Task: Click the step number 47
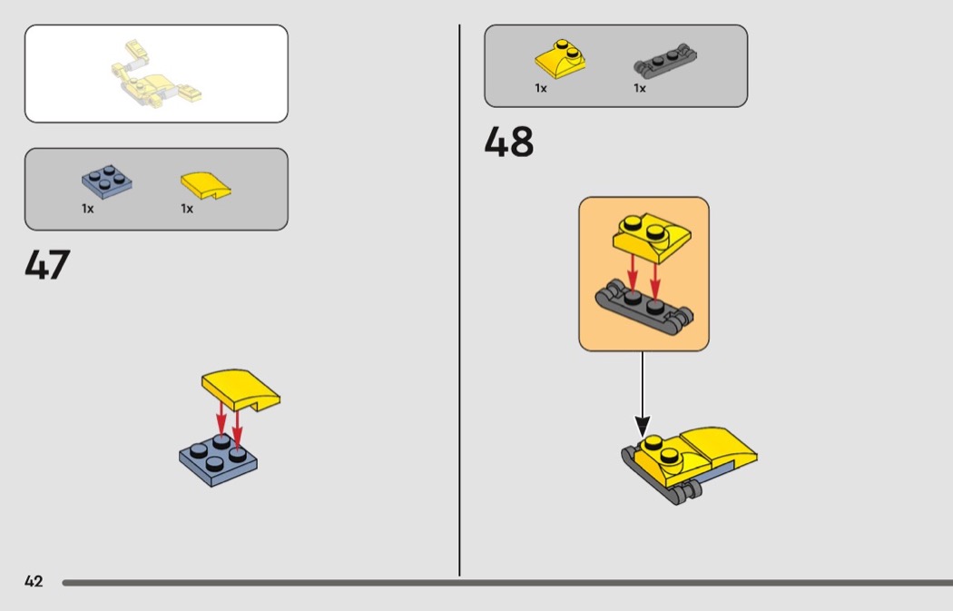(47, 264)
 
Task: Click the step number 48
(508, 142)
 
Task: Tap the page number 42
(34, 581)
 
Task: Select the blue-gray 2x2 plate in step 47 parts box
(107, 182)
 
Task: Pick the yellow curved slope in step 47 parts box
(205, 185)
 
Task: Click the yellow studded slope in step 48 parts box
(560, 59)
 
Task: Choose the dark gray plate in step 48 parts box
(665, 61)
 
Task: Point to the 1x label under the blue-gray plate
(87, 209)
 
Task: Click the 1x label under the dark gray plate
(639, 88)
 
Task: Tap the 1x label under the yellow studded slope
(540, 88)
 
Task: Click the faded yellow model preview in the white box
(155, 74)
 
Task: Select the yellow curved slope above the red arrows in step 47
(241, 389)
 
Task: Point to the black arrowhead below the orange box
(643, 426)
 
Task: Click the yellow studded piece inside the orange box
(652, 237)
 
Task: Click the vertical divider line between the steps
(459, 301)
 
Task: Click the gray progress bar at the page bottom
(507, 583)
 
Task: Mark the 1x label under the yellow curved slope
(187, 209)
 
